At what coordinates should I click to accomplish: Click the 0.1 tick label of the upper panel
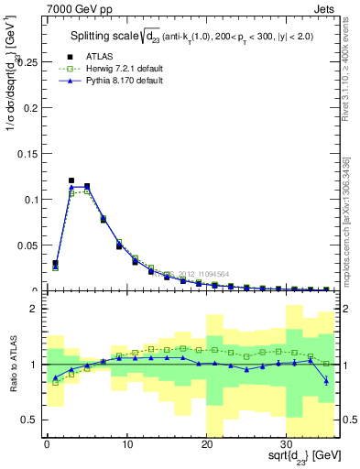pyautogui.click(x=29, y=199)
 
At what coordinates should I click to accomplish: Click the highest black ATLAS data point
pyautogui.click(x=71, y=180)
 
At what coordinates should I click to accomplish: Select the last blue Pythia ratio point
pyautogui.click(x=327, y=380)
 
